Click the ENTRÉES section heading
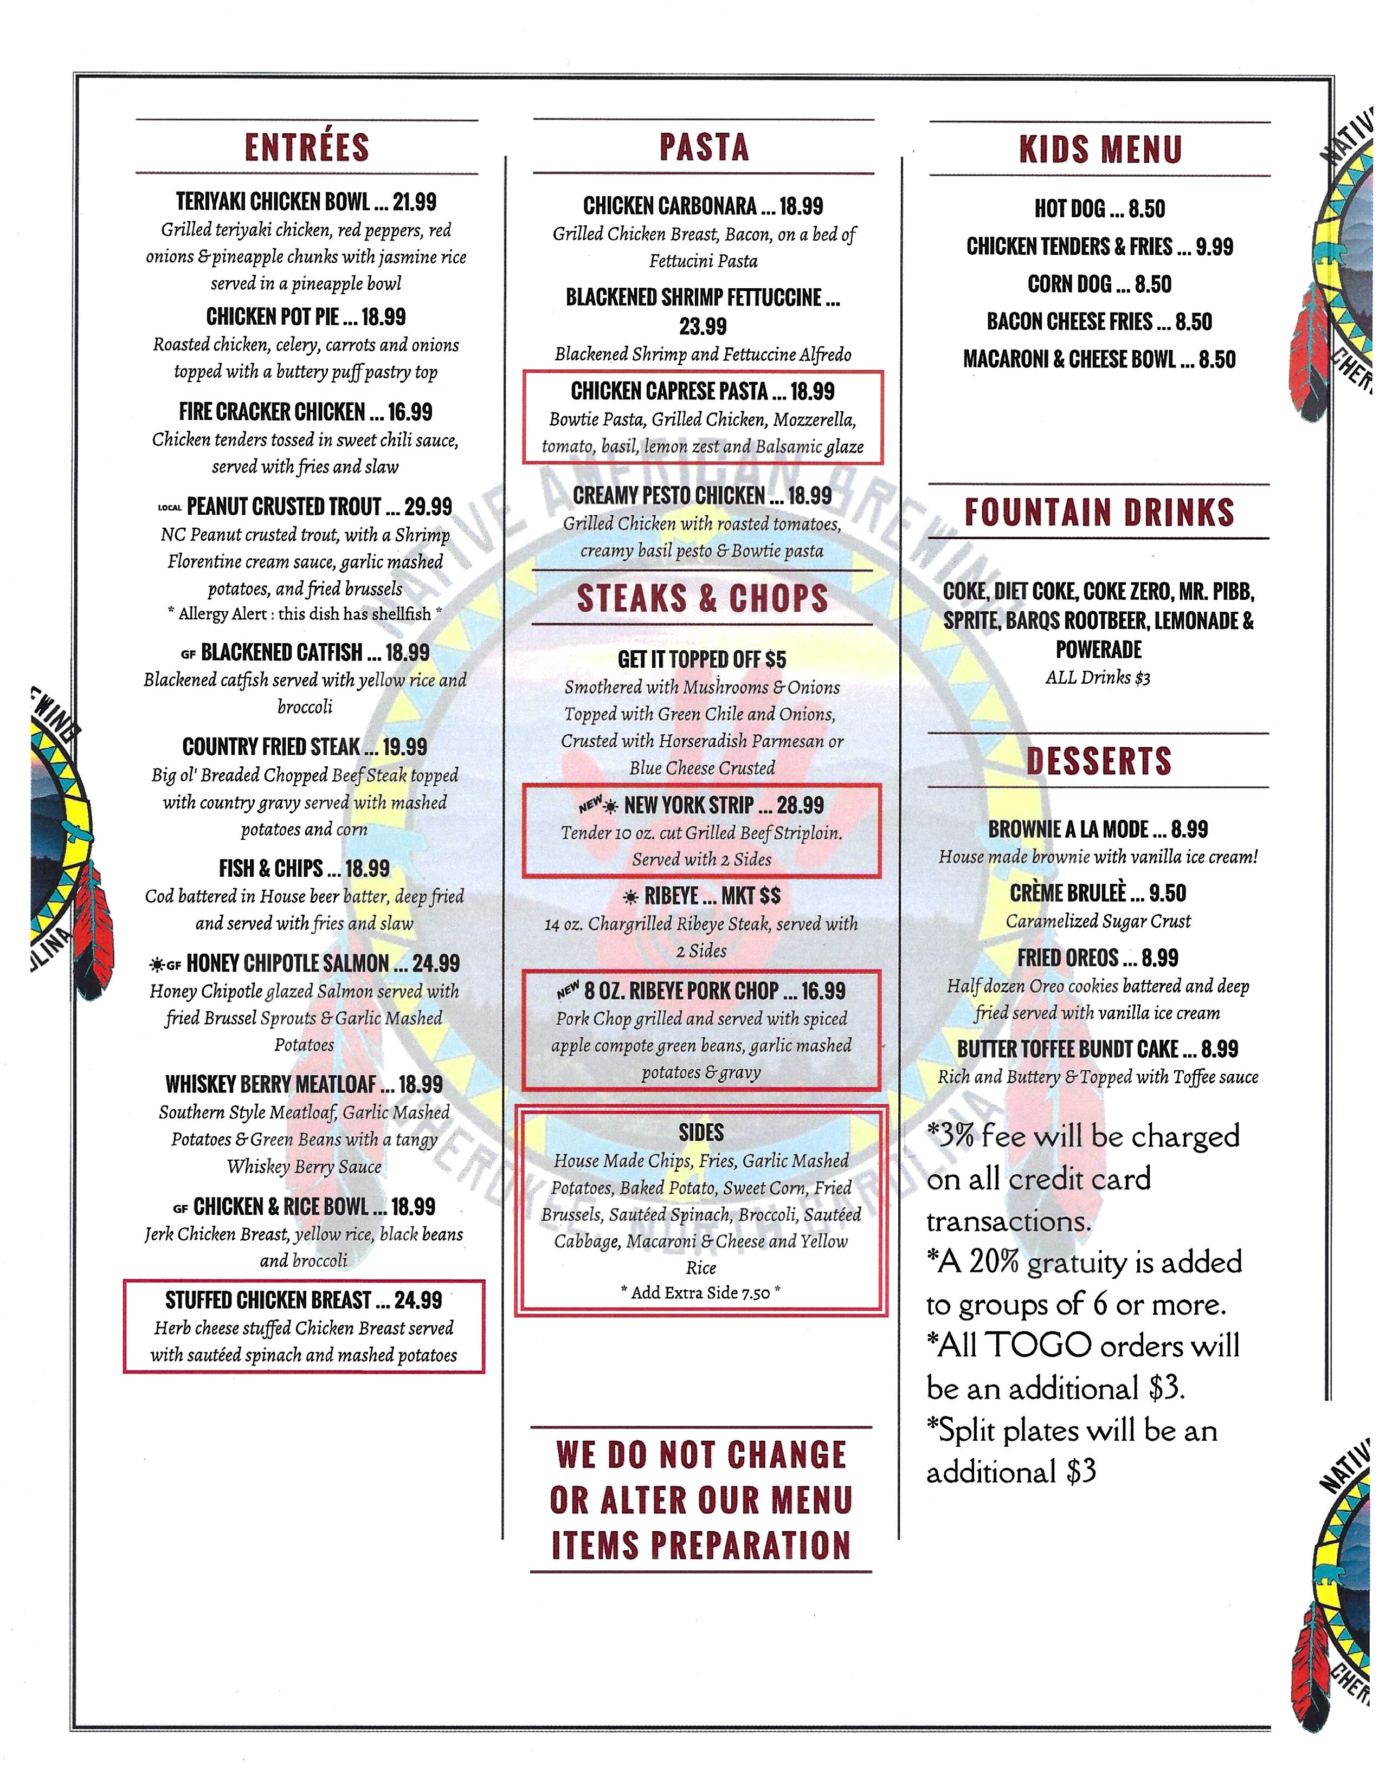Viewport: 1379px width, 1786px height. (307, 147)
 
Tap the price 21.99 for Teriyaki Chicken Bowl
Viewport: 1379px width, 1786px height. (415, 202)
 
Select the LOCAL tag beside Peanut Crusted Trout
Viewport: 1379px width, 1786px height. (169, 508)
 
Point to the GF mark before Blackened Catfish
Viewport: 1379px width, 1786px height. (188, 654)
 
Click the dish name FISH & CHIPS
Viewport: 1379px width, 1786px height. (270, 869)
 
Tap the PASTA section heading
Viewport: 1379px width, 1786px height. (704, 147)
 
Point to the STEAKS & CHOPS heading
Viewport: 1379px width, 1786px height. (703, 599)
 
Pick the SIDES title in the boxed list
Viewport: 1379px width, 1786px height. (701, 1133)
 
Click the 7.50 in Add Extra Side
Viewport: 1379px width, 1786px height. (756, 1293)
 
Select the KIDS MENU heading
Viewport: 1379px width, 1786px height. (1100, 150)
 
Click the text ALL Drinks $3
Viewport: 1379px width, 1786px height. (1098, 678)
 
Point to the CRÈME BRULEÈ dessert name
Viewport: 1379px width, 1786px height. (1067, 894)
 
